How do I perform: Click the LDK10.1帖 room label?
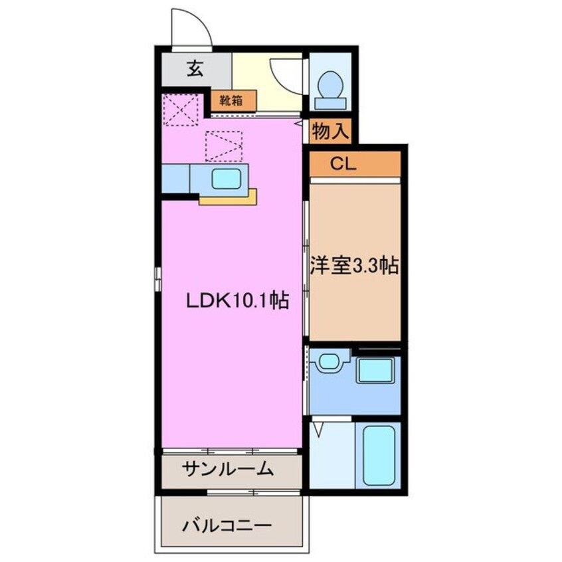(236, 301)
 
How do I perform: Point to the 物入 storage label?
(330, 132)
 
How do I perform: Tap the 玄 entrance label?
(194, 69)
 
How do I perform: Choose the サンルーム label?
(228, 469)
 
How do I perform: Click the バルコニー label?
(227, 525)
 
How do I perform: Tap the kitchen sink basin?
(227, 178)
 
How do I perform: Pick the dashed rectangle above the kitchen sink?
(224, 145)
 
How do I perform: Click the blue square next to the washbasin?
(377, 370)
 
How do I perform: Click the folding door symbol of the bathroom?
(319, 428)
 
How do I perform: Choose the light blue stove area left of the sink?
(176, 178)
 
